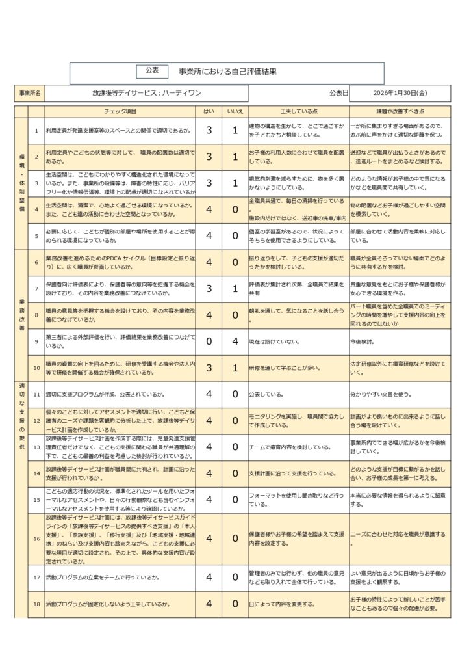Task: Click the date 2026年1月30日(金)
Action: pyautogui.click(x=396, y=94)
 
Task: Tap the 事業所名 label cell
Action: pyautogui.click(x=30, y=94)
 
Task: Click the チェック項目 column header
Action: pyautogui.click(x=120, y=112)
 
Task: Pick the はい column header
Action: pyautogui.click(x=209, y=112)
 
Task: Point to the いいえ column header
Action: pyautogui.click(x=235, y=112)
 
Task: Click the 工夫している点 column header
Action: pyautogui.click(x=298, y=112)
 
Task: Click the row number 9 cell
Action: pyautogui.click(x=37, y=341)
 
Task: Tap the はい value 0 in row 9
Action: pyautogui.click(x=209, y=341)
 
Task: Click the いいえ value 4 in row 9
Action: pyautogui.click(x=235, y=341)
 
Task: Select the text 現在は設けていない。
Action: pyautogui.click(x=274, y=341)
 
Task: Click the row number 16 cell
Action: pyautogui.click(x=37, y=538)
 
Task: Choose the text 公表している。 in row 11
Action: pyautogui.click(x=266, y=393)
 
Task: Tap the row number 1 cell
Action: pyautogui.click(x=37, y=131)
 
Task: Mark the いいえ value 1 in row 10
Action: pyautogui.click(x=235, y=367)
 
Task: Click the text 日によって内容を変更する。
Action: pyautogui.click(x=281, y=604)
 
